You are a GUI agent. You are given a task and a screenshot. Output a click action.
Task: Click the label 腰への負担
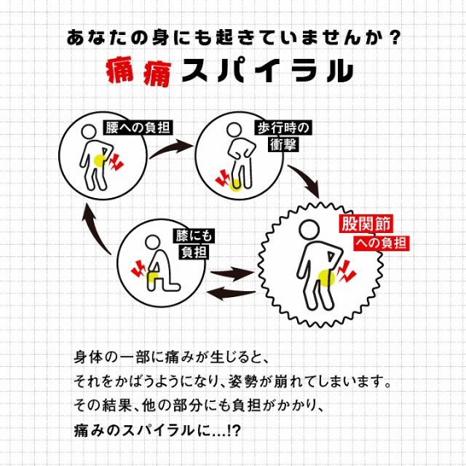138,127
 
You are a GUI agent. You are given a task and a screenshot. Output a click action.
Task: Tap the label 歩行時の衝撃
283,136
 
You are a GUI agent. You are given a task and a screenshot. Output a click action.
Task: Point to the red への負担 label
380,242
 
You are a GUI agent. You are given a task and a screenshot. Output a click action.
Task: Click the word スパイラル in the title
266,72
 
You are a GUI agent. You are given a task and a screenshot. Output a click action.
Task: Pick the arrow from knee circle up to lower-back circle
95,226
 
